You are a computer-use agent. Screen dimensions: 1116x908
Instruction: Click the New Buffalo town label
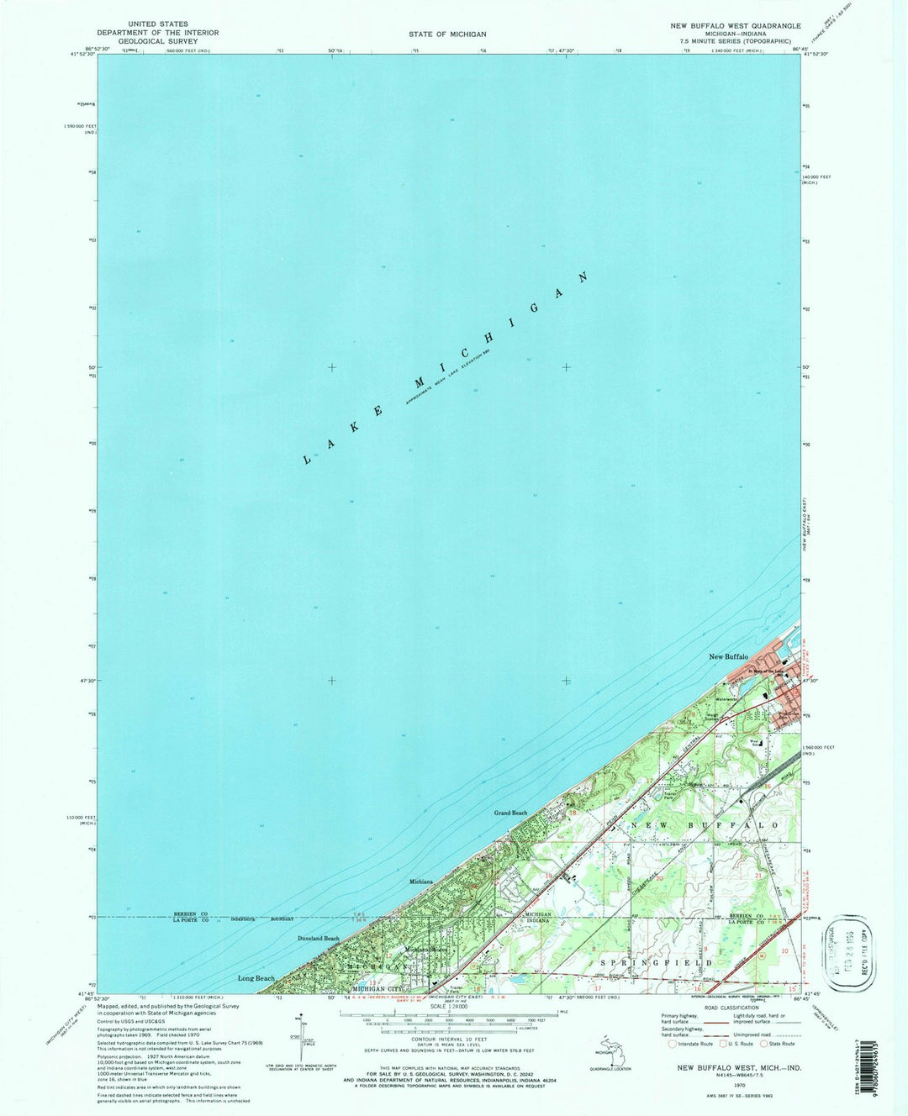click(728, 656)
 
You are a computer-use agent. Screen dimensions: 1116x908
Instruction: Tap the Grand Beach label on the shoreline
click(510, 813)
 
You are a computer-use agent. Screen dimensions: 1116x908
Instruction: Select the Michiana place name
click(420, 882)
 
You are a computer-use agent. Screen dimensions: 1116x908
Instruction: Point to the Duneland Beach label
click(319, 938)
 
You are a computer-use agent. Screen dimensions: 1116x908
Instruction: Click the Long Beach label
click(256, 978)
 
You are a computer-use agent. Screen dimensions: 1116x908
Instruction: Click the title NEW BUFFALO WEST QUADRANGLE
click(735, 26)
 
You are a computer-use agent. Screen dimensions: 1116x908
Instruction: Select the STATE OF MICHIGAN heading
click(447, 34)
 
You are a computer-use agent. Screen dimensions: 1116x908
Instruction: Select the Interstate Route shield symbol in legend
click(672, 1044)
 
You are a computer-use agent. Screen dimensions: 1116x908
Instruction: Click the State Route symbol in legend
click(764, 1044)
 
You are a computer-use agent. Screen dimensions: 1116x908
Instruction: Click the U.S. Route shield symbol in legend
click(721, 1044)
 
